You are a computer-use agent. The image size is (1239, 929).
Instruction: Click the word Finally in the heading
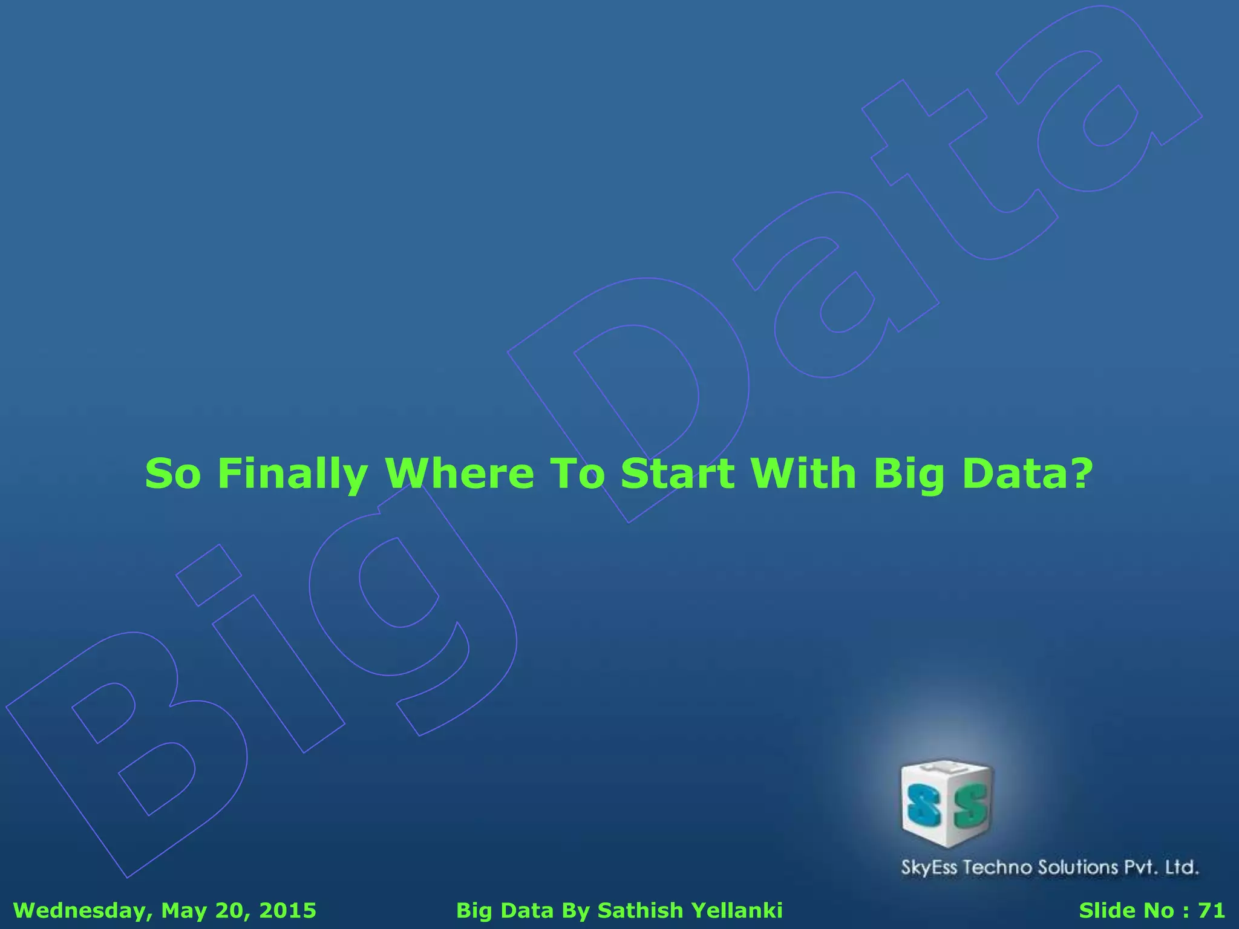coord(292,474)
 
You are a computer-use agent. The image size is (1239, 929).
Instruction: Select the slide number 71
coord(1211,910)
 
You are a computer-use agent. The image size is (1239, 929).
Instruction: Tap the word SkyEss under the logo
coord(929,868)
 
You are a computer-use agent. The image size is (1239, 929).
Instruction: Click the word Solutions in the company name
coord(1078,867)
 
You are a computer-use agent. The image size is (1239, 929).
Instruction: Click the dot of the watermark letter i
coord(209,575)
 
